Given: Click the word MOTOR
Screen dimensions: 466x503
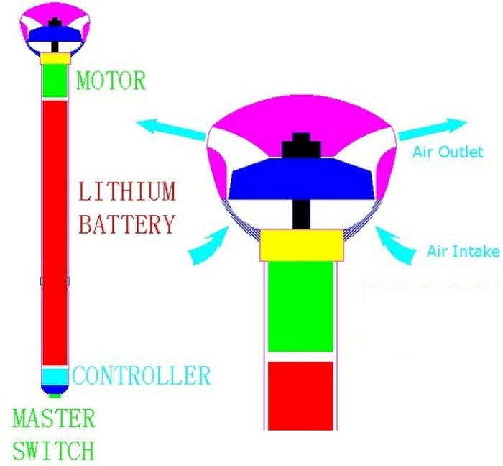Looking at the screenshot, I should coord(111,80).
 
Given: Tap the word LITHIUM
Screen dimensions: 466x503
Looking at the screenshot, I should coord(127,192).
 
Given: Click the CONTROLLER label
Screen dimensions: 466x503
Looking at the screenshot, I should coord(142,375).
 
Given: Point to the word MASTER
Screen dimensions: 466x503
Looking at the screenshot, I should coord(54,419).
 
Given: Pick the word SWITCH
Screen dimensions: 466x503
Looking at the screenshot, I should coord(53,451).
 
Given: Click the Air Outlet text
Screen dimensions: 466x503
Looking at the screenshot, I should coord(448,152).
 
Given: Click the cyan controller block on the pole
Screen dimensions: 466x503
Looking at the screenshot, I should coord(54,377).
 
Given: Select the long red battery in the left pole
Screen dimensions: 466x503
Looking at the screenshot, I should coord(55,230).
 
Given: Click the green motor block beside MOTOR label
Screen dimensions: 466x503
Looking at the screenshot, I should coord(55,81).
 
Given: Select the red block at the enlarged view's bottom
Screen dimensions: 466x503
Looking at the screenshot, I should coord(300,394).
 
